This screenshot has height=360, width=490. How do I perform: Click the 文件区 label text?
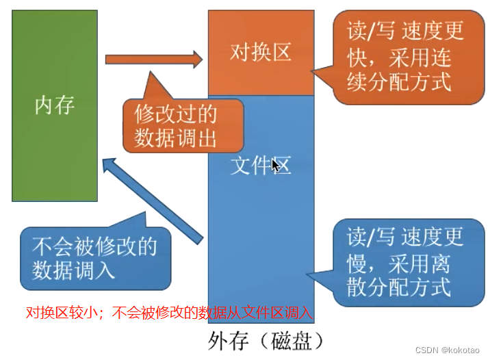point(260,166)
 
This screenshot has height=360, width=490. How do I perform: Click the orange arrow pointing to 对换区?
point(154,60)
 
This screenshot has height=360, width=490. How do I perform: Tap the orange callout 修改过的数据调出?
point(183,125)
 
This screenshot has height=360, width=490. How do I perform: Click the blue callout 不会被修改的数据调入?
point(95,257)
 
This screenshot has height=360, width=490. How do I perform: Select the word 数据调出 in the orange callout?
point(176,138)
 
